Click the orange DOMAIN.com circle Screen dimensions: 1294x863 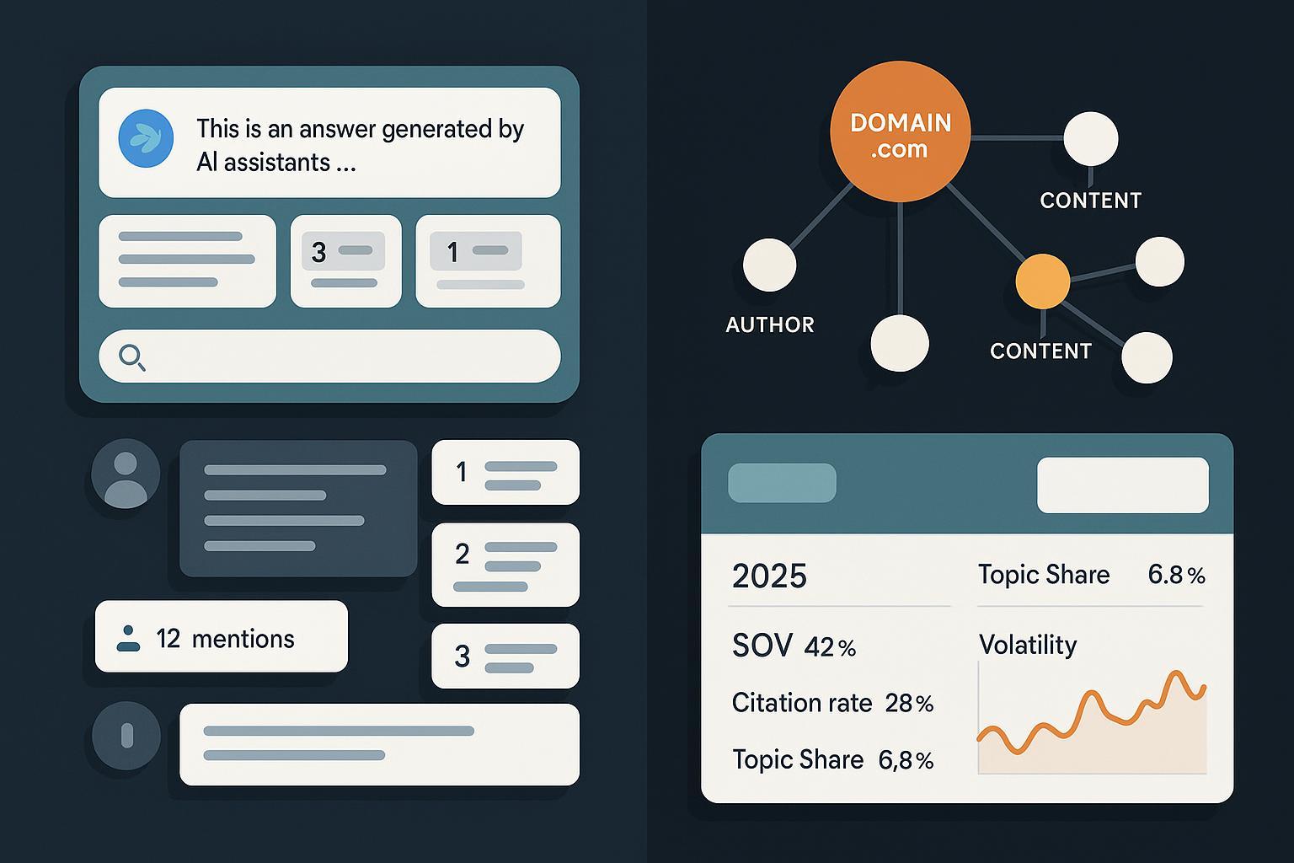tap(900, 131)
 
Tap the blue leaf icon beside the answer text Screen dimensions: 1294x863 tap(146, 139)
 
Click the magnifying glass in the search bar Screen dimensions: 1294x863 tap(131, 357)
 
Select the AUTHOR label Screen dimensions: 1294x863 tap(770, 324)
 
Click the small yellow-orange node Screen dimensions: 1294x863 tap(1043, 281)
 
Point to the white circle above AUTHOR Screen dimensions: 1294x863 tap(769, 265)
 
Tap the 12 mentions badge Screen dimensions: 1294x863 tap(222, 636)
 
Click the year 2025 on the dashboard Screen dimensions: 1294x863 tap(769, 576)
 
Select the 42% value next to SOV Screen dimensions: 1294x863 tap(830, 647)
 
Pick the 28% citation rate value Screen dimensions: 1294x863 tap(909, 704)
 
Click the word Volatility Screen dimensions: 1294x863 tap(1028, 645)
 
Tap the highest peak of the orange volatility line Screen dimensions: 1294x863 tap(1175, 673)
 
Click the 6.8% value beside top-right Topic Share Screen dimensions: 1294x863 tap(1176, 575)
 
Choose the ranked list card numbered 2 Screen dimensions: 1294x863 tap(505, 565)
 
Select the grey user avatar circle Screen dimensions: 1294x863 tap(126, 474)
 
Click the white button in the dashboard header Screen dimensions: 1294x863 tap(1123, 485)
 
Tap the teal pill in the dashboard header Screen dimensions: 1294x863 tap(782, 483)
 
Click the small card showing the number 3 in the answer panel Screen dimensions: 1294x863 tap(346, 261)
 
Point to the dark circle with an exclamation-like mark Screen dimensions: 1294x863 tap(126, 736)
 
